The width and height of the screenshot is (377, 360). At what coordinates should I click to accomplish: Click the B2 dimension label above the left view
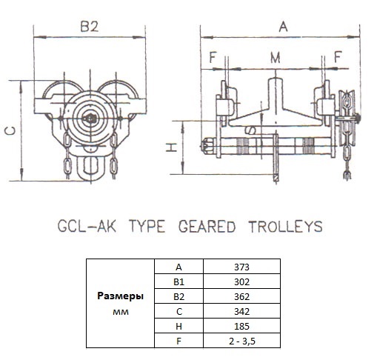click(90, 27)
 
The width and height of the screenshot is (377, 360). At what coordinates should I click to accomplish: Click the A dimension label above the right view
click(283, 27)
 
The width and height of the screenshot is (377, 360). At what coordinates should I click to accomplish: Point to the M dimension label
click(276, 58)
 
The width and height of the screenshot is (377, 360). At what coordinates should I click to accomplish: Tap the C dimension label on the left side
click(10, 131)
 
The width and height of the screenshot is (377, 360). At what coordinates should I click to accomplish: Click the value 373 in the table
click(241, 267)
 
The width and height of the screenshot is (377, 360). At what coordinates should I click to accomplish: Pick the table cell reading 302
click(241, 281)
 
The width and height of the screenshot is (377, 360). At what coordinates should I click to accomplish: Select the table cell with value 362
click(241, 296)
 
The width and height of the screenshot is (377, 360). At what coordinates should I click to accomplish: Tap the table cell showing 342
click(241, 311)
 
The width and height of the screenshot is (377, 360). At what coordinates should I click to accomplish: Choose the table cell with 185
click(241, 326)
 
